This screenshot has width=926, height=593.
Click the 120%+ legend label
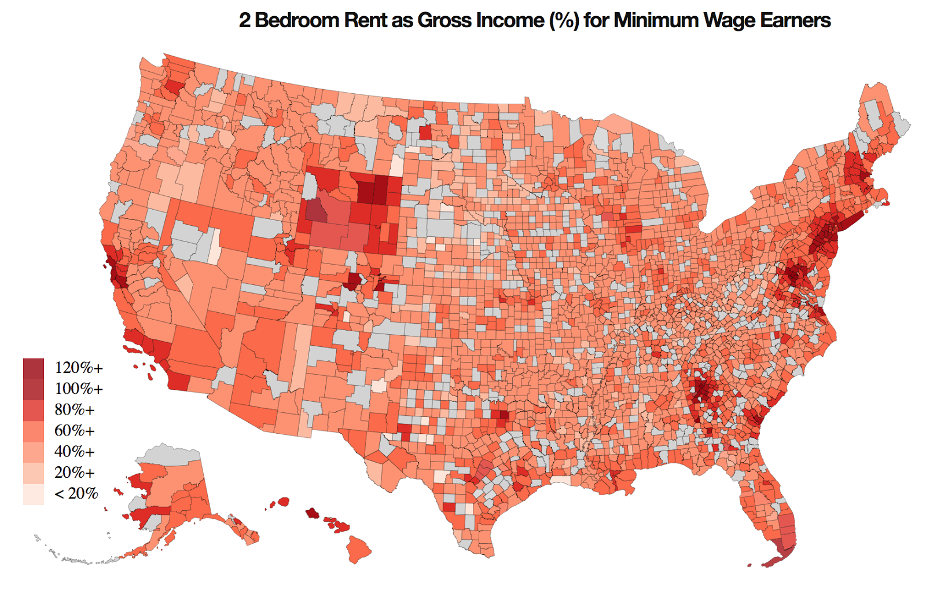pos(79,368)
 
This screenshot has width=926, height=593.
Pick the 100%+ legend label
pos(79,389)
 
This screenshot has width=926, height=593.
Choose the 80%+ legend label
pos(74,409)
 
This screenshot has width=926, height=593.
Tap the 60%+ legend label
pos(74,430)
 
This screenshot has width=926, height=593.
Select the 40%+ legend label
pos(74,451)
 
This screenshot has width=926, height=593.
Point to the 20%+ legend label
pos(74,472)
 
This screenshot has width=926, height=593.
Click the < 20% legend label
pos(76,493)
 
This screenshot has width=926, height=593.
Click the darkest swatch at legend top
pos(34,368)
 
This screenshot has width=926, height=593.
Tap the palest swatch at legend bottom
pos(34,495)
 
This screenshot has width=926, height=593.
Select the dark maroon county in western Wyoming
pos(315,211)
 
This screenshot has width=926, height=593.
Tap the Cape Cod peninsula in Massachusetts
pos(885,203)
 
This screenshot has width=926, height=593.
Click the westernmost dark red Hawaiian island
pos(283,501)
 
